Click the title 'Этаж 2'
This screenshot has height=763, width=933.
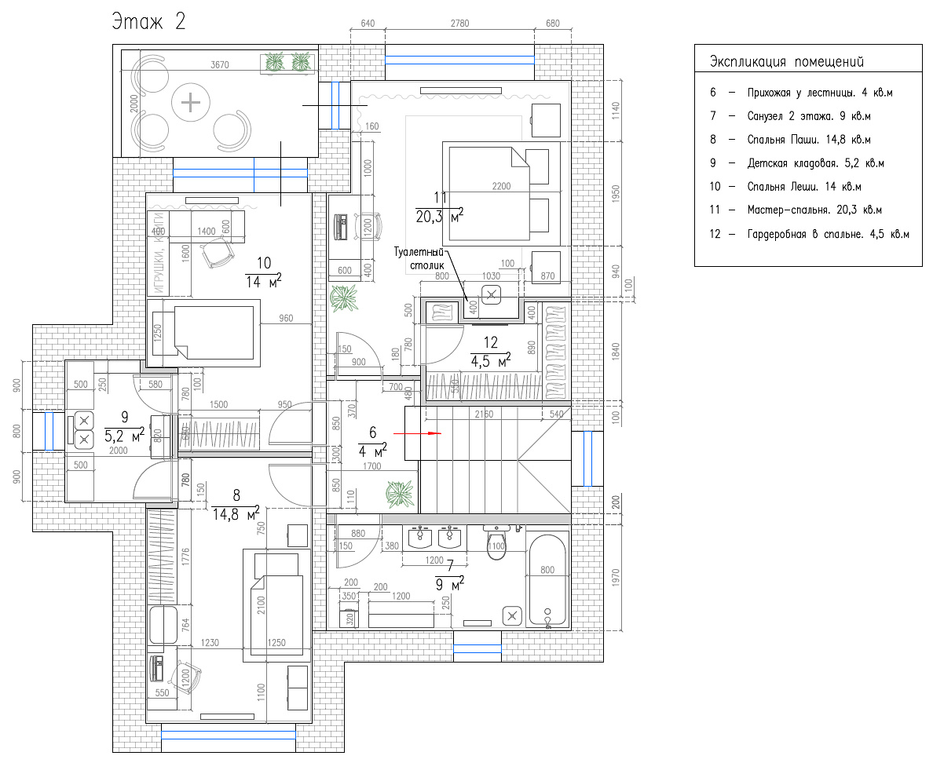(148, 21)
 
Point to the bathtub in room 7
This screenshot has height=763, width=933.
(547, 581)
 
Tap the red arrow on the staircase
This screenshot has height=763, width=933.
(417, 433)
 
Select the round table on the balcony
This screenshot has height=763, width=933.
(191, 103)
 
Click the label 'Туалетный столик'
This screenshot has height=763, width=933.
(420, 259)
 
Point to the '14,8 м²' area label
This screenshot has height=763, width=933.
(236, 515)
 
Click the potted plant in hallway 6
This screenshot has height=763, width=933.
(399, 492)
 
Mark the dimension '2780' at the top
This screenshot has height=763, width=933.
(459, 24)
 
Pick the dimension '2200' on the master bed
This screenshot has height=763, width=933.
(501, 186)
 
